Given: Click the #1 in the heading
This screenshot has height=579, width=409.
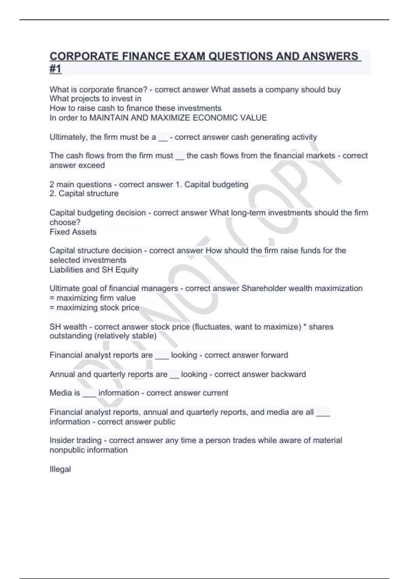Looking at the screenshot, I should click(56, 69).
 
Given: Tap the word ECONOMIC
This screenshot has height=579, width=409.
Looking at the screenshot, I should click(215, 118).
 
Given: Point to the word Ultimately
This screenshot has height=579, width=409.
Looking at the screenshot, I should click(69, 137).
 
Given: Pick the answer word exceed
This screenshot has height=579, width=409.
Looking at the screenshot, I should click(92, 166).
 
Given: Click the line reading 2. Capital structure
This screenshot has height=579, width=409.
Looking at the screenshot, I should click(84, 193).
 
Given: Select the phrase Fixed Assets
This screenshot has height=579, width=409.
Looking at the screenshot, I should click(73, 232).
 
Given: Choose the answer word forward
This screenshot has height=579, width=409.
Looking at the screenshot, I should click(274, 355).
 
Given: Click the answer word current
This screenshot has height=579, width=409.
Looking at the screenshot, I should click(215, 393).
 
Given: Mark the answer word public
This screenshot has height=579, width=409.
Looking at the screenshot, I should click(164, 422).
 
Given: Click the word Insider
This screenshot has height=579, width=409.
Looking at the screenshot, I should click(61, 440).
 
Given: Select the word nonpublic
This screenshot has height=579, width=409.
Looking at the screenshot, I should click(67, 450).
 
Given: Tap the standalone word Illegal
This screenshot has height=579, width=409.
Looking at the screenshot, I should click(60, 469).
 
